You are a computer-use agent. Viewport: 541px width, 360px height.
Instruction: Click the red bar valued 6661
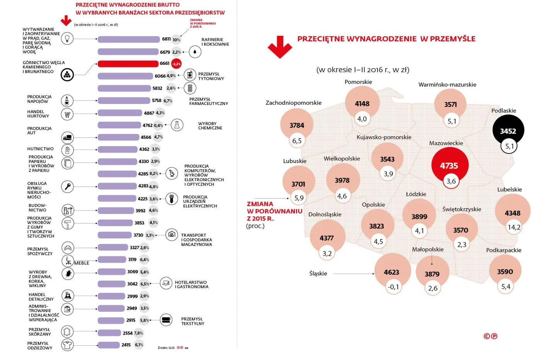coord(128,64)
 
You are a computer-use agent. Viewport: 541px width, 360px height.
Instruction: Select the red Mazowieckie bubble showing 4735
coord(449,165)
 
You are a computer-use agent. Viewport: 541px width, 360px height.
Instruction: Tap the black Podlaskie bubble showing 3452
coord(508,131)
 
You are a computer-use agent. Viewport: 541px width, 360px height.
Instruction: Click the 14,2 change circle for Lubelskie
coord(514,227)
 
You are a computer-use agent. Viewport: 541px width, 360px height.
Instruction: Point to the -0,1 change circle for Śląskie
coord(393,287)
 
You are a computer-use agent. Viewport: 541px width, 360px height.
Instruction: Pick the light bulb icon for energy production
coord(67,39)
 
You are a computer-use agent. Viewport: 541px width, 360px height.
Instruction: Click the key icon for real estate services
coord(67,187)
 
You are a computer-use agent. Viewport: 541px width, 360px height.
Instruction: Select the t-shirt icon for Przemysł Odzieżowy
coord(67,345)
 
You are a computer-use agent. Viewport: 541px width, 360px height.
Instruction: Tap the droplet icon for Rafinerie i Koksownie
coord(195,52)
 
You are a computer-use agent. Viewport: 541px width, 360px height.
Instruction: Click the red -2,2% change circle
coord(176,64)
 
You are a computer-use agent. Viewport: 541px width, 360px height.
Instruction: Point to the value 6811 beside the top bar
coord(166,39)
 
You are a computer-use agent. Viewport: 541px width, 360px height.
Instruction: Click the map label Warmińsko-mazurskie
coord(447,85)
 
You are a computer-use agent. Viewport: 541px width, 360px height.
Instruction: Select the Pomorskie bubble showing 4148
coord(362,103)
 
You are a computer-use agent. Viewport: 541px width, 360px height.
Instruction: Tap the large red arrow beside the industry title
coord(280,47)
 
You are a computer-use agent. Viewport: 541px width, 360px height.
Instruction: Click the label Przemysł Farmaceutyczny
coord(208,101)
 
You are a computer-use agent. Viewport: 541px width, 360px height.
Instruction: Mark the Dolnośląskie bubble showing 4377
coord(327,238)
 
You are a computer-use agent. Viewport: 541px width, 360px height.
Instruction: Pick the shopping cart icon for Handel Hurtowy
coord(67,114)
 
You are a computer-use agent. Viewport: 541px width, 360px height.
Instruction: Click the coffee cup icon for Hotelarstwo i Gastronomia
coord(166,283)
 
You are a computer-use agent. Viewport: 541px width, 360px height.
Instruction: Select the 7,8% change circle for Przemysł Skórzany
coord(138,333)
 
